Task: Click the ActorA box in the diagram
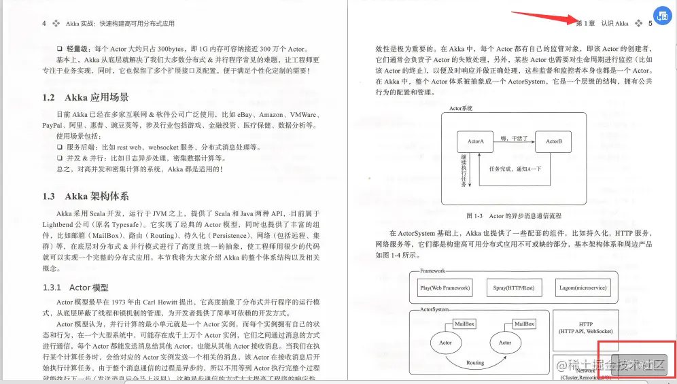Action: click(475, 142)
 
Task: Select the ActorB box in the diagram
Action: click(553, 142)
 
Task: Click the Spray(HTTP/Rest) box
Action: click(514, 287)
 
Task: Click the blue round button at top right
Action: click(662, 16)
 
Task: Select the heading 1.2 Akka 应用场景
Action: click(85, 97)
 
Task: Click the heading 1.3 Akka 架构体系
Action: click(85, 196)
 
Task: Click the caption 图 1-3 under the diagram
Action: click(514, 215)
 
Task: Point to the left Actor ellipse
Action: click(445, 343)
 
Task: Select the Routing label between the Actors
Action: click(475, 363)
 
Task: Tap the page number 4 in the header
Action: click(44, 23)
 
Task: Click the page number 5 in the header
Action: click(650, 23)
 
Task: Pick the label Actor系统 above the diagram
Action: click(461, 108)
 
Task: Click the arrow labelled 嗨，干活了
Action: click(514, 141)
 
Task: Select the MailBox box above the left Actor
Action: click(465, 324)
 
